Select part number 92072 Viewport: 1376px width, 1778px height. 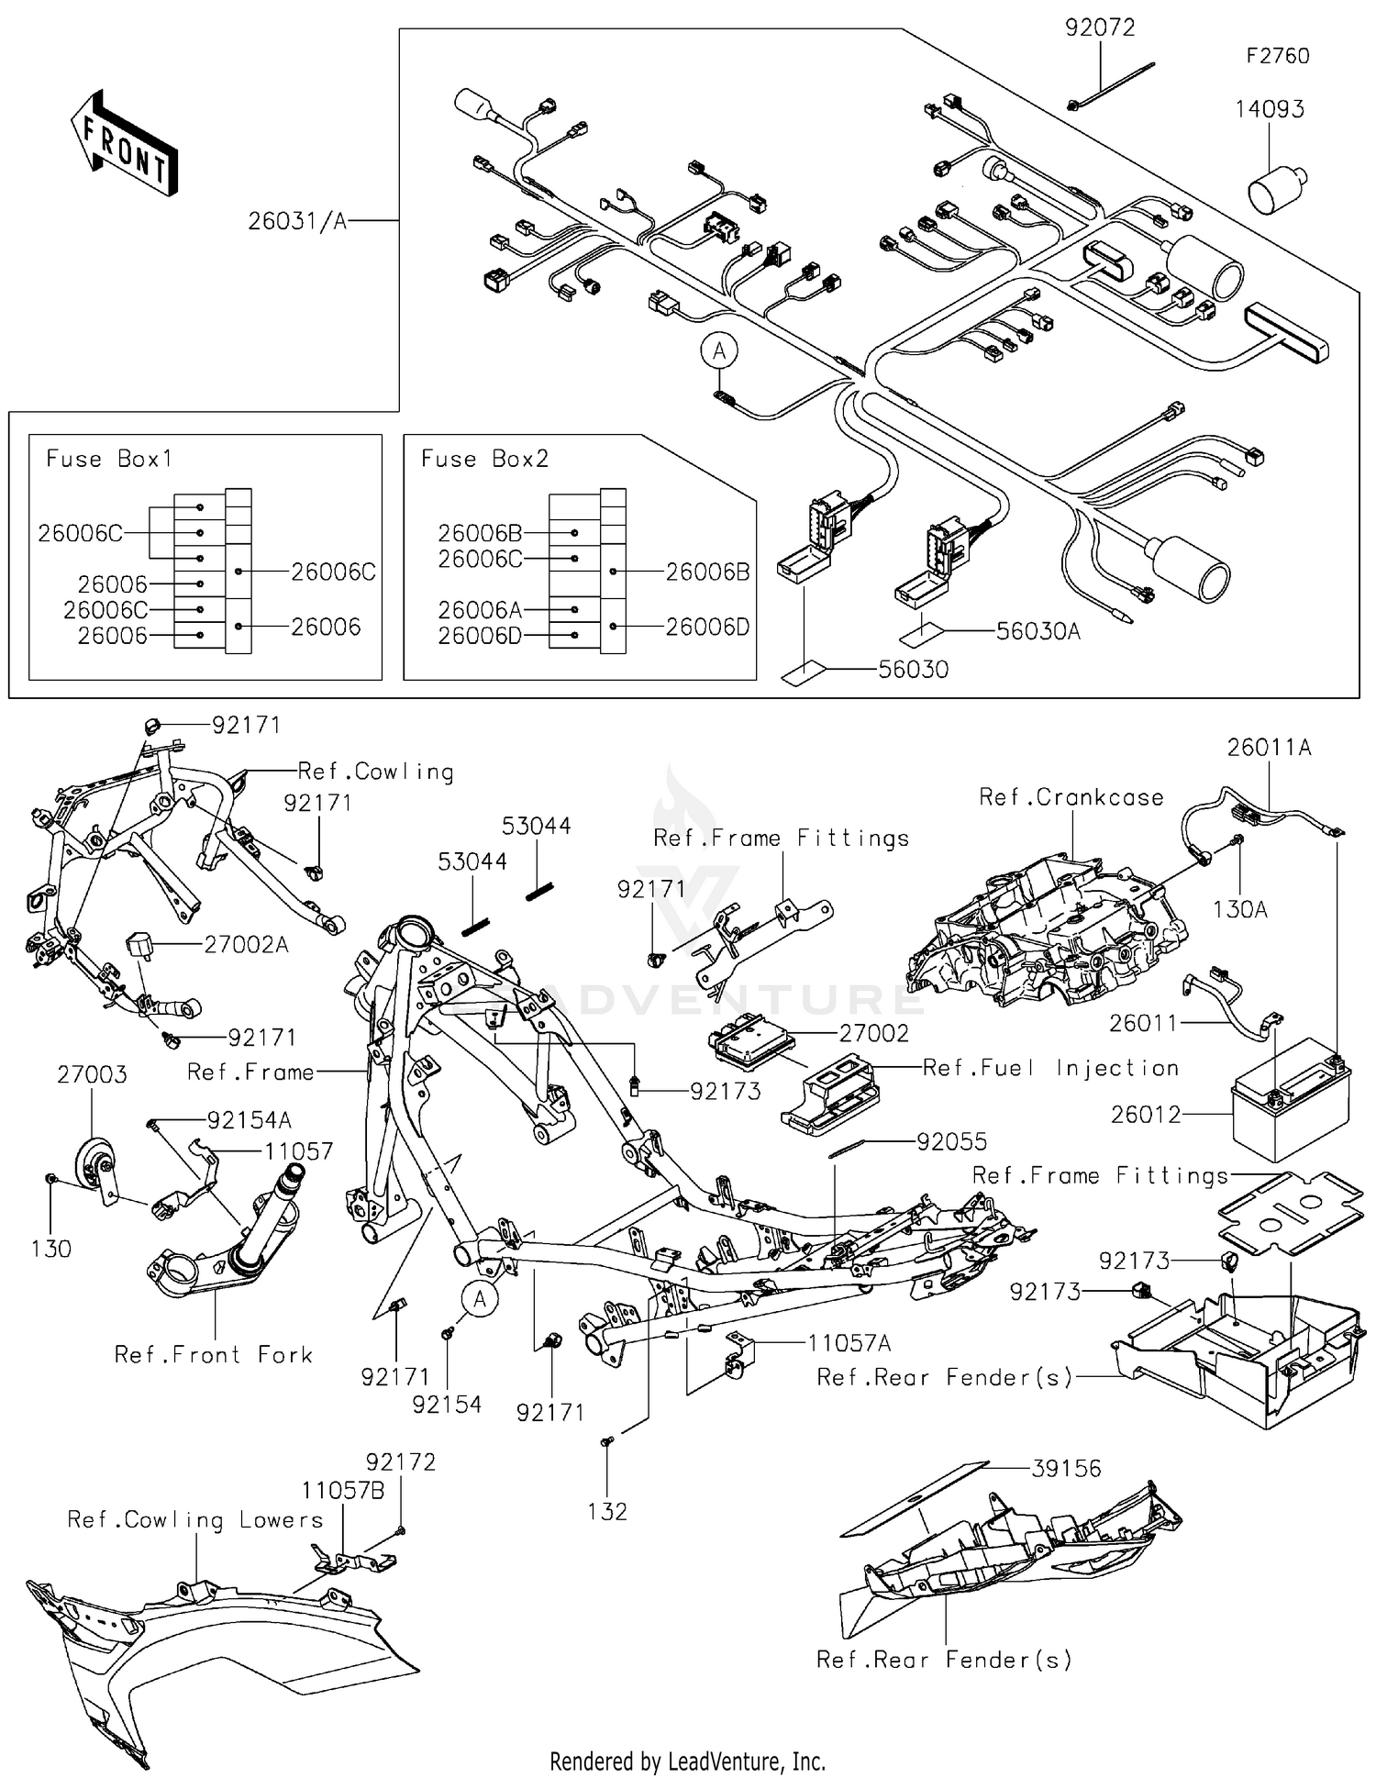tap(1100, 28)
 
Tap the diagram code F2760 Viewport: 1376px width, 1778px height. tap(1277, 56)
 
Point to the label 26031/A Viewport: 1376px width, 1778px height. tap(297, 221)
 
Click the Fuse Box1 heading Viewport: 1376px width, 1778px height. tap(109, 459)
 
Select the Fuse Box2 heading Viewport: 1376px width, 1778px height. tap(484, 459)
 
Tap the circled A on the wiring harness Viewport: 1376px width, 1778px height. tap(720, 351)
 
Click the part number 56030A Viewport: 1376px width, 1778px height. tap(1038, 631)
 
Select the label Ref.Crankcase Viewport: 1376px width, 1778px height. tap(1071, 797)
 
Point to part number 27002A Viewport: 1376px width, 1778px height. tap(246, 944)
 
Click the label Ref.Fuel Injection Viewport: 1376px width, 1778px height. tap(1050, 1068)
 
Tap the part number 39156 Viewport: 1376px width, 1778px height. tap(1066, 1469)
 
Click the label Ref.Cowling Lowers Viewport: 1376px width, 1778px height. tap(195, 1520)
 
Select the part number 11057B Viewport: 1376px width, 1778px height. tap(343, 1490)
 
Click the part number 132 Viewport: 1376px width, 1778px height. tap(607, 1511)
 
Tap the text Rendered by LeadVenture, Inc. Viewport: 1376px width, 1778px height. tap(687, 1761)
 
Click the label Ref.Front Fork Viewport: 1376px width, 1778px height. tap(213, 1355)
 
